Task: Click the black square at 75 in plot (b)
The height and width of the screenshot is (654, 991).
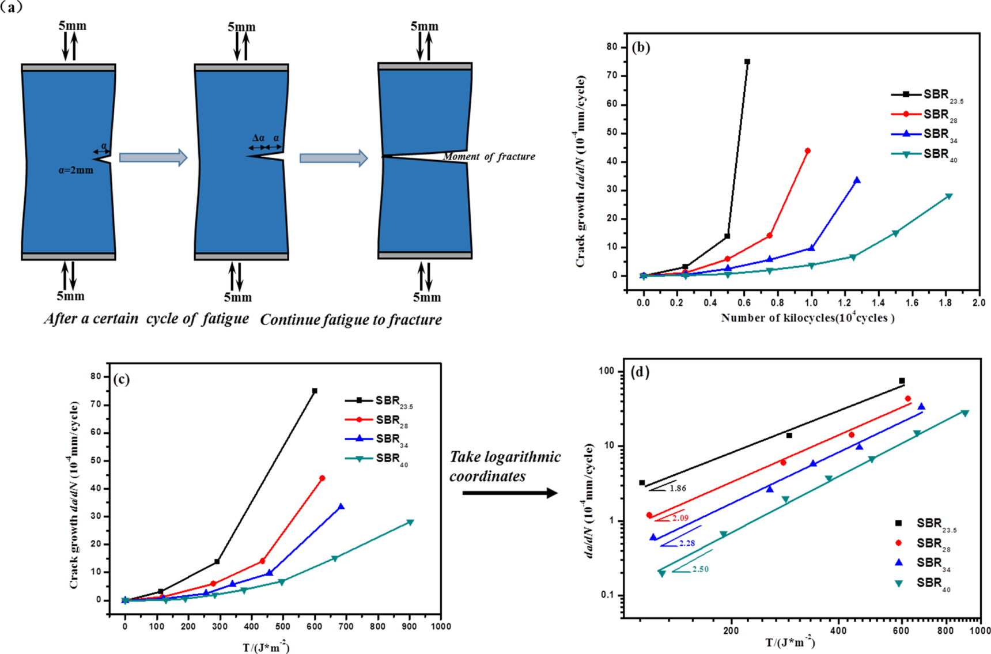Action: (x=747, y=62)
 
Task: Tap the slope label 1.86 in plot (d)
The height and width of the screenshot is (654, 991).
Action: (x=678, y=488)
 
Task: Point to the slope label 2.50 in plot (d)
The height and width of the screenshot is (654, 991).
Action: (x=700, y=569)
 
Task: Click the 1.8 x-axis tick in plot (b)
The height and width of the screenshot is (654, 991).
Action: (x=945, y=302)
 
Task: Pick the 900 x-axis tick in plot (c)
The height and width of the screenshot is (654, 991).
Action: (x=410, y=626)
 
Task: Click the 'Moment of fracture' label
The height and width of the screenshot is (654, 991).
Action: (x=489, y=157)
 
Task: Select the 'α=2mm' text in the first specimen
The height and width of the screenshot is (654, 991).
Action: (x=75, y=170)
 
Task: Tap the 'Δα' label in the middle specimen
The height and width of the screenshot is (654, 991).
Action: (x=258, y=138)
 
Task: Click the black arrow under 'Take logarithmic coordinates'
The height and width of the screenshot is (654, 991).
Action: (x=510, y=493)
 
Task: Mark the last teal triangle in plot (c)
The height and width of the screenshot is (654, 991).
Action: (x=410, y=522)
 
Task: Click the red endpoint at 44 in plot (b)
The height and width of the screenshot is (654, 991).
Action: (x=808, y=151)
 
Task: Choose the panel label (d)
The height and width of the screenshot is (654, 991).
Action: (x=640, y=372)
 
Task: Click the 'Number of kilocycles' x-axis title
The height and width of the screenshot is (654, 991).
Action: (x=807, y=317)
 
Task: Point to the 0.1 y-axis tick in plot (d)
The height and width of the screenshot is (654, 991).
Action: (x=608, y=595)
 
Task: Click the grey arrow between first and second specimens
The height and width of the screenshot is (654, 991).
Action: (x=153, y=157)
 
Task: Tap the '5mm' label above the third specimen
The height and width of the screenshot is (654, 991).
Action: (x=424, y=27)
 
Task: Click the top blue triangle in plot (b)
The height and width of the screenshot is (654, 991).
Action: (x=857, y=180)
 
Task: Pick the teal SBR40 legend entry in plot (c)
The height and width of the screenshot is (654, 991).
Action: (x=377, y=459)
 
